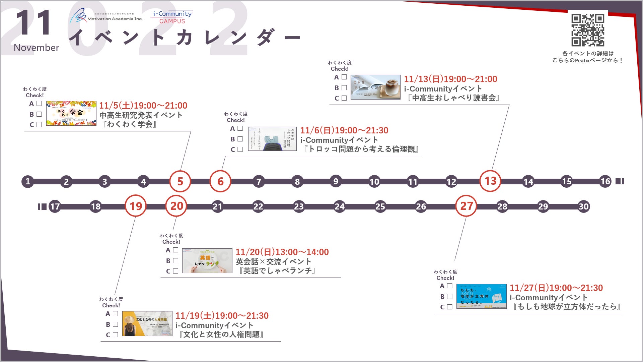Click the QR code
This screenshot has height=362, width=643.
tap(588, 30)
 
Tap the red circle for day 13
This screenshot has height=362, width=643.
tap(490, 181)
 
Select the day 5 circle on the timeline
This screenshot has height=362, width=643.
tap(180, 181)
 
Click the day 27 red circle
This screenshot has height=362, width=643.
tap(466, 206)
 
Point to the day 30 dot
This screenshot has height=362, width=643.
tap(584, 206)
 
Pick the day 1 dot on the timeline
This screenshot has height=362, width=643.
tap(28, 181)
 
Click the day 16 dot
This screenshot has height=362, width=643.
tap(605, 181)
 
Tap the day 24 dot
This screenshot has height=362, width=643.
tap(340, 206)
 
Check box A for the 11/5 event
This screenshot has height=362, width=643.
tap(39, 104)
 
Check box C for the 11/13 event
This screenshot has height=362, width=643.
tap(344, 98)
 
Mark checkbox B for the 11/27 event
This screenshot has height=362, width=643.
tap(450, 296)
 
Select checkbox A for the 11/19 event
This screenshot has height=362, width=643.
tap(116, 314)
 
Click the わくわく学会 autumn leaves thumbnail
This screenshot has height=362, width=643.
tap(71, 113)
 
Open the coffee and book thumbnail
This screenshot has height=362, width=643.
tap(375, 87)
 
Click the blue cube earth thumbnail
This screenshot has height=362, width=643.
tap(481, 296)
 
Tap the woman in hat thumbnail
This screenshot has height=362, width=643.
tap(147, 323)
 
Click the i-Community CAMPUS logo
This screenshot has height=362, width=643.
tap(172, 17)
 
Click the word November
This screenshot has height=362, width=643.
tap(37, 48)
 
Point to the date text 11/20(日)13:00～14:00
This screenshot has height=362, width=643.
tap(282, 252)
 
